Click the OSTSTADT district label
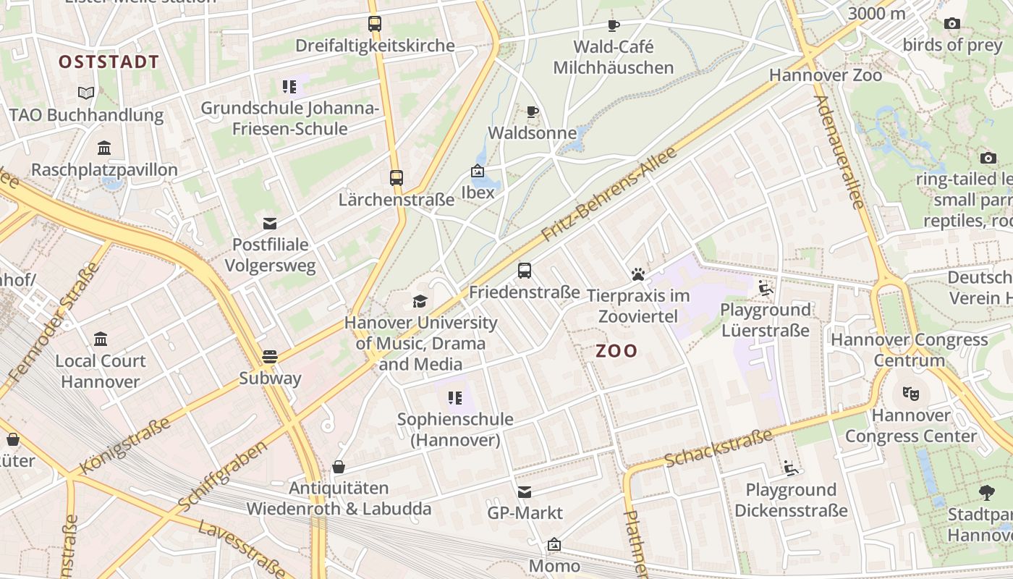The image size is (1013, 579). pyautogui.click(x=109, y=62)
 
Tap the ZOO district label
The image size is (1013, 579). pyautogui.click(x=616, y=351)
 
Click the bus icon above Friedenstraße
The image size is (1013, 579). pyautogui.click(x=525, y=271)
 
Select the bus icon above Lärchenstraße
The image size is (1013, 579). pyautogui.click(x=396, y=177)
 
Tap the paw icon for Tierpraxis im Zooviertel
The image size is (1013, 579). pyautogui.click(x=637, y=274)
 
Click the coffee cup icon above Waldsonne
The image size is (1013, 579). pyautogui.click(x=533, y=111)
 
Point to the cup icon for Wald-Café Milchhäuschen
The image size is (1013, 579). pyautogui.click(x=614, y=25)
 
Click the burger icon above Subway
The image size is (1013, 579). pyautogui.click(x=270, y=356)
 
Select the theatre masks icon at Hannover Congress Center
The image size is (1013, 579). pyautogui.click(x=910, y=394)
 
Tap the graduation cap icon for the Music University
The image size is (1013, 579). pyautogui.click(x=420, y=301)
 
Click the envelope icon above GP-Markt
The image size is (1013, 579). pyautogui.click(x=525, y=492)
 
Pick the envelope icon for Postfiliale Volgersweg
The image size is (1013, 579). pyautogui.click(x=270, y=223)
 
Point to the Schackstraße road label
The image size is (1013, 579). pyautogui.click(x=718, y=447)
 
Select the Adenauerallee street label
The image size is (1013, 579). pyautogui.click(x=839, y=152)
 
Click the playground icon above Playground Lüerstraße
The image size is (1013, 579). pyautogui.click(x=765, y=289)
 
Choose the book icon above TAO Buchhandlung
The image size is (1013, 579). pyautogui.click(x=86, y=93)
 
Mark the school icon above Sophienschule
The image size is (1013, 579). pyautogui.click(x=454, y=397)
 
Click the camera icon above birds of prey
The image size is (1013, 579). pyautogui.click(x=952, y=24)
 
